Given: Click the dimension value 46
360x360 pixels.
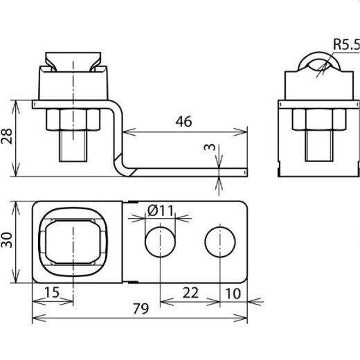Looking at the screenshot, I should click(182, 122).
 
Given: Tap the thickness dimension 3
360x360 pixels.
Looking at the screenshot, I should click(209, 149).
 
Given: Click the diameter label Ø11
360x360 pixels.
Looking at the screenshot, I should click(161, 210).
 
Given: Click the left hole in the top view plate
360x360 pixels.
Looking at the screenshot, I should click(160, 241).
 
